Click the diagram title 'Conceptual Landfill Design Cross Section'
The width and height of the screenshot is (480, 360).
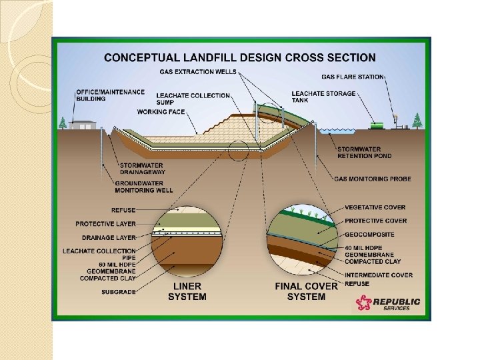point(240,58)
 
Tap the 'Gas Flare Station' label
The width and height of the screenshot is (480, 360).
point(353,77)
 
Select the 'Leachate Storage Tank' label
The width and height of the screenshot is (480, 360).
point(323,97)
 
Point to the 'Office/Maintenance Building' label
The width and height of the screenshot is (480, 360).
point(100,95)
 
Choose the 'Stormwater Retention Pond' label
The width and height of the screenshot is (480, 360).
point(364,152)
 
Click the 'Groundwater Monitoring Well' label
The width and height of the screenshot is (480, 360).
point(143,187)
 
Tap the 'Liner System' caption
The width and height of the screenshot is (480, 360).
point(187,291)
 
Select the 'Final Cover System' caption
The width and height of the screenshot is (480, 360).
point(306,291)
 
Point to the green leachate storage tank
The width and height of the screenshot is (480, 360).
point(378,124)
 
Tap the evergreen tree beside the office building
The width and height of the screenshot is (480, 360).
point(63,123)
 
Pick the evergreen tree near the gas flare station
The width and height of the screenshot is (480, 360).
point(417,121)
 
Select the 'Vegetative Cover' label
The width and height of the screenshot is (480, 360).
point(375,207)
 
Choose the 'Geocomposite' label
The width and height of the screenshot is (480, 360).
point(369,235)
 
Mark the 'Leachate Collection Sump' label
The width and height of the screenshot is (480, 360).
point(193,99)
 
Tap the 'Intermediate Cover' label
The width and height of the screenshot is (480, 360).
point(378,275)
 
